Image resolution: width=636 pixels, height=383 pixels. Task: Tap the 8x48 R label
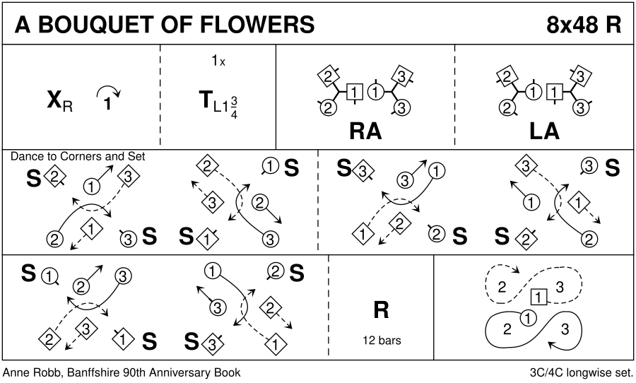(x=584, y=25)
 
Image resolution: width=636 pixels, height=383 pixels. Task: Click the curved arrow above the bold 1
(x=108, y=90)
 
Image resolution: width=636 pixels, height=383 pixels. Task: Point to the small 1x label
(x=218, y=61)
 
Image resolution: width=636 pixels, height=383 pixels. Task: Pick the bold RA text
(x=365, y=131)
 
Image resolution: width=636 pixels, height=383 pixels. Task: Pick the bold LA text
(x=545, y=131)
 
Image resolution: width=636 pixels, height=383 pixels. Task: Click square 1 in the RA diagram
(x=355, y=91)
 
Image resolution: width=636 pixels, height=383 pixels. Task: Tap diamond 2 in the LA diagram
(x=505, y=76)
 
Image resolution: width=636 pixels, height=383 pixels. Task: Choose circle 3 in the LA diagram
(x=581, y=107)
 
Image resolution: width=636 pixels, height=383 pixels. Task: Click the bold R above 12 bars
(x=381, y=310)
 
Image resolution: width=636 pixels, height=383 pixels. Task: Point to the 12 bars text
(x=381, y=341)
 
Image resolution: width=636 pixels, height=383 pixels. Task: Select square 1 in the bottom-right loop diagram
(x=538, y=297)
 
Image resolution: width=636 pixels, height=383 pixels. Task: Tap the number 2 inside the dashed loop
(x=502, y=287)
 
